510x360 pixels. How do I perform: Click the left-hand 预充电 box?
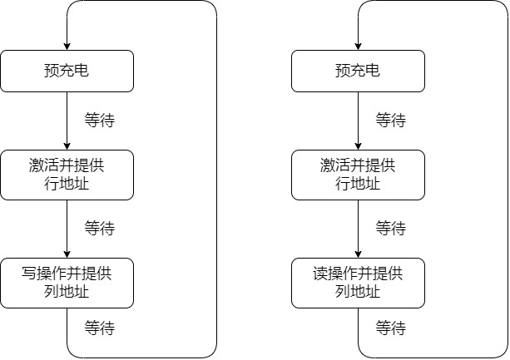(67, 71)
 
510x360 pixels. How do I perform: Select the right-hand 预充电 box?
(358, 71)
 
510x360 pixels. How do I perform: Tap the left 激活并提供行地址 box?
(67, 175)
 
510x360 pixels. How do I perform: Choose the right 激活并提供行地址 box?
(358, 175)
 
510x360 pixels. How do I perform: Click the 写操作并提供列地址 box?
(67, 283)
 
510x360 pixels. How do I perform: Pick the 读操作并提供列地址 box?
(358, 283)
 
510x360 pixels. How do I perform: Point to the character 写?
(29, 274)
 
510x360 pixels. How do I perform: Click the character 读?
(320, 274)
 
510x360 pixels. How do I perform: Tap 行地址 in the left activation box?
(67, 184)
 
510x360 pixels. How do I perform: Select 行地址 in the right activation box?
(358, 184)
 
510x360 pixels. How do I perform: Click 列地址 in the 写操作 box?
(67, 292)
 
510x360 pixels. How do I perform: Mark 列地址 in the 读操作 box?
(358, 292)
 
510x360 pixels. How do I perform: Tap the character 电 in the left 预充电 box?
(82, 71)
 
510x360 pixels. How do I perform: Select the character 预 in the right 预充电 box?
(343, 71)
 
